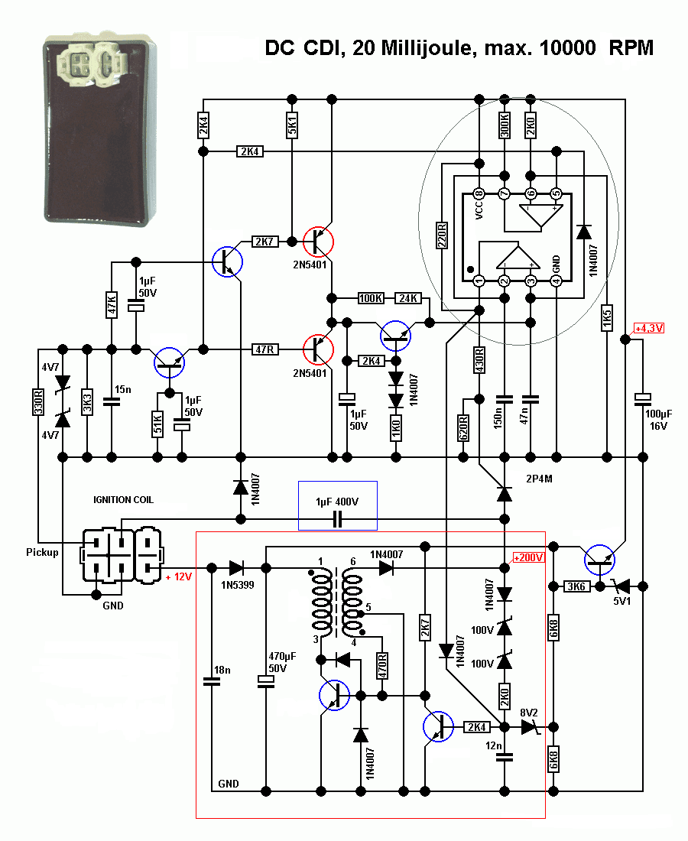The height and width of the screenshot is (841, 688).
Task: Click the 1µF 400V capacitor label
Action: coord(337,502)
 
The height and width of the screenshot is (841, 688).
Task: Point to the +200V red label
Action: coord(528,557)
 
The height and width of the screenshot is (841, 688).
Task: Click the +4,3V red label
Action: coord(648,328)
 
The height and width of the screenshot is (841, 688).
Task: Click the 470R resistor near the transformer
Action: coord(381,662)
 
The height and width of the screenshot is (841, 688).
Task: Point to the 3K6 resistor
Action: coord(576,587)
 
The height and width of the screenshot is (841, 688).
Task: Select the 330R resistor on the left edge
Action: coord(37,401)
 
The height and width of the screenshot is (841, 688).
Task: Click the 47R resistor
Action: coord(265,349)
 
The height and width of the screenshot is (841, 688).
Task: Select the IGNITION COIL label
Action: coord(123,499)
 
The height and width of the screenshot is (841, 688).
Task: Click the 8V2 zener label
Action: coord(530,712)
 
